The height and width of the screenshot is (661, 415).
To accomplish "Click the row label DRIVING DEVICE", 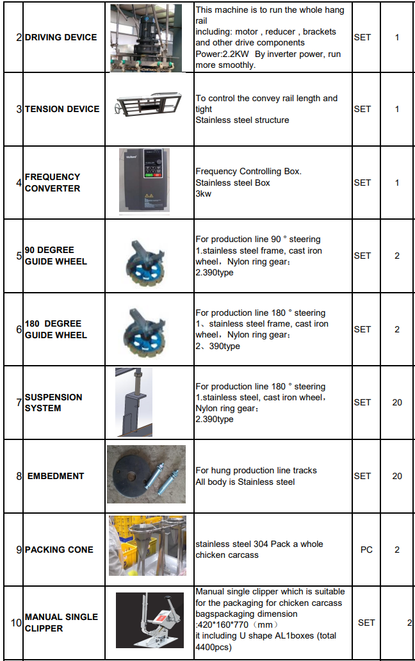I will pos(61,37).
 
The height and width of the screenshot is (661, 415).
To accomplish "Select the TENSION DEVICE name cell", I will pos(62,109).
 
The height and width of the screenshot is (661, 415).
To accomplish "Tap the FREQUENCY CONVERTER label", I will pos(53,183).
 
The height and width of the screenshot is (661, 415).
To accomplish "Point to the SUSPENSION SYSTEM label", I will pos(54,402).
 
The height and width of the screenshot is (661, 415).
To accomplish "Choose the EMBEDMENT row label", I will pos(56,476).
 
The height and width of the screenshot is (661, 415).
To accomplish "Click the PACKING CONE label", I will pos(59,550).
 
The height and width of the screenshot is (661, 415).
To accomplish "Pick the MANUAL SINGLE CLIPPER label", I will pos(61,623).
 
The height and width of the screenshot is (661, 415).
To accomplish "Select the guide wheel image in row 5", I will pos(147,256).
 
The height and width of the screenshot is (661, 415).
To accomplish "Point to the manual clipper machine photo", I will pos(150,620).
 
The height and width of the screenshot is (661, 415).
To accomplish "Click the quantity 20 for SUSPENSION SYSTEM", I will pos(397,402).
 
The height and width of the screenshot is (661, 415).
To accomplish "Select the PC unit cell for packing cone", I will pos(366,550).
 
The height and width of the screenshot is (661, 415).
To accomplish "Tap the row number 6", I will pos(19,329).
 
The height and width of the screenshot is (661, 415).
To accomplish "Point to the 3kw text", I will pos(203,193).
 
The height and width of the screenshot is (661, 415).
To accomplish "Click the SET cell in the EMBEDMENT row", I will pos(362,476).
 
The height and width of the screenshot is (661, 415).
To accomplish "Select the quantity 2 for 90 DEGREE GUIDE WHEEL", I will pos(397,256).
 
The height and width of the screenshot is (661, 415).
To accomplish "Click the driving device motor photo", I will pos(147,37).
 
